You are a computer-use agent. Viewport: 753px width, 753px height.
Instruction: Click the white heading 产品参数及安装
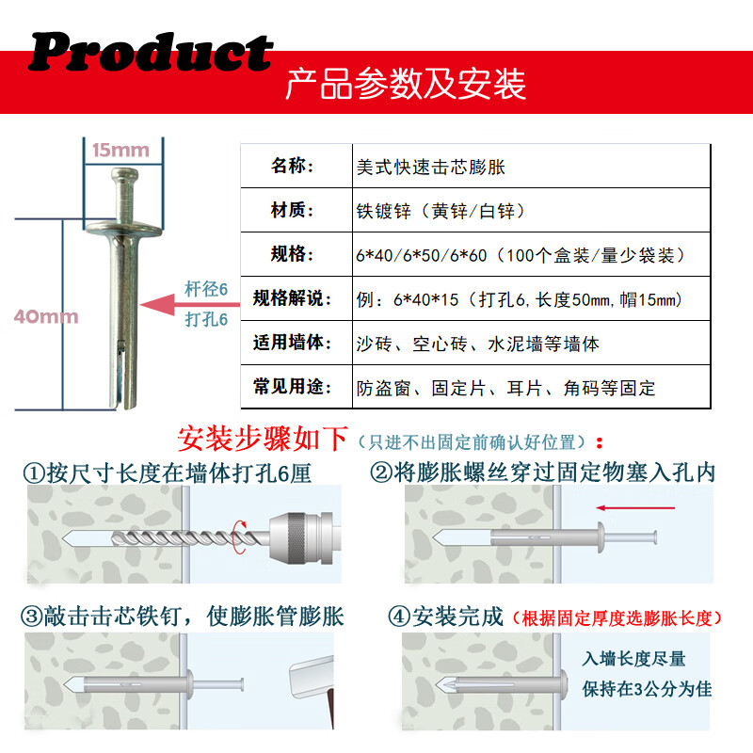406,84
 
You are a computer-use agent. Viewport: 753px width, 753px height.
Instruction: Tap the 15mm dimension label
120,151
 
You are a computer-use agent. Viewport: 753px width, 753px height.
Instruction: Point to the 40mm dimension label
45,317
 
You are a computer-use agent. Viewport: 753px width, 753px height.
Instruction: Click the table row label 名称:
294,166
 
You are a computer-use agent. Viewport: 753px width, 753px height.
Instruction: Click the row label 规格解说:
294,299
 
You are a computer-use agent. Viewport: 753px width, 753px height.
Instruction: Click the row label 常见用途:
294,386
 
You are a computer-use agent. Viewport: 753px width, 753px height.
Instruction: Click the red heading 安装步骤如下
263,439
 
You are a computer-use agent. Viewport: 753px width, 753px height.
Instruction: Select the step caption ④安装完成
446,617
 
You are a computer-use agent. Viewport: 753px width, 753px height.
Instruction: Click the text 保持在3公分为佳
647,688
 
